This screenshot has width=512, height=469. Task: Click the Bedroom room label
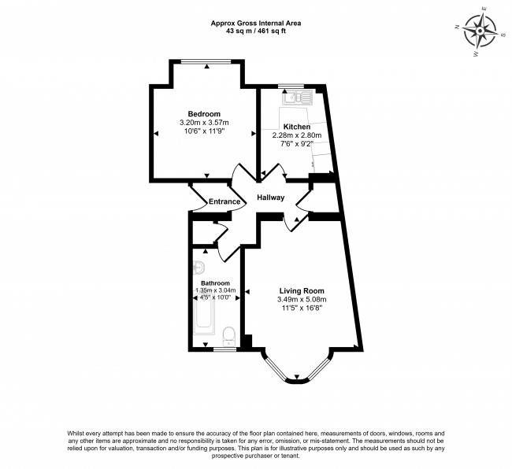pyautogui.click(x=204, y=113)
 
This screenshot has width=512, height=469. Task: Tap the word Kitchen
pyautogui.click(x=297, y=127)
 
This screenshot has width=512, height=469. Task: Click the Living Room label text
pyautogui.click(x=301, y=290)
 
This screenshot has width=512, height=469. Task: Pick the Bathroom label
pyautogui.click(x=215, y=283)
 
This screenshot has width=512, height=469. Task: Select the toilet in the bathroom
pyautogui.click(x=229, y=335)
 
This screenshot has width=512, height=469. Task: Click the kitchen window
pyautogui.click(x=291, y=86)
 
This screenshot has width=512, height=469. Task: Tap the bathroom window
pyautogui.click(x=225, y=349)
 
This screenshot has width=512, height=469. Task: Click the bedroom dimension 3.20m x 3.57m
pyautogui.click(x=204, y=123)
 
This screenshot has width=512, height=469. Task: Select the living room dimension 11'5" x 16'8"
pyautogui.click(x=301, y=308)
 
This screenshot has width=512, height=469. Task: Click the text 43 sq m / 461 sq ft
pyautogui.click(x=256, y=32)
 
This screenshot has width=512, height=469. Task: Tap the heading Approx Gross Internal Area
pyautogui.click(x=256, y=24)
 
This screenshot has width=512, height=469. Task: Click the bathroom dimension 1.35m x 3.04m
pyautogui.click(x=215, y=290)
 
